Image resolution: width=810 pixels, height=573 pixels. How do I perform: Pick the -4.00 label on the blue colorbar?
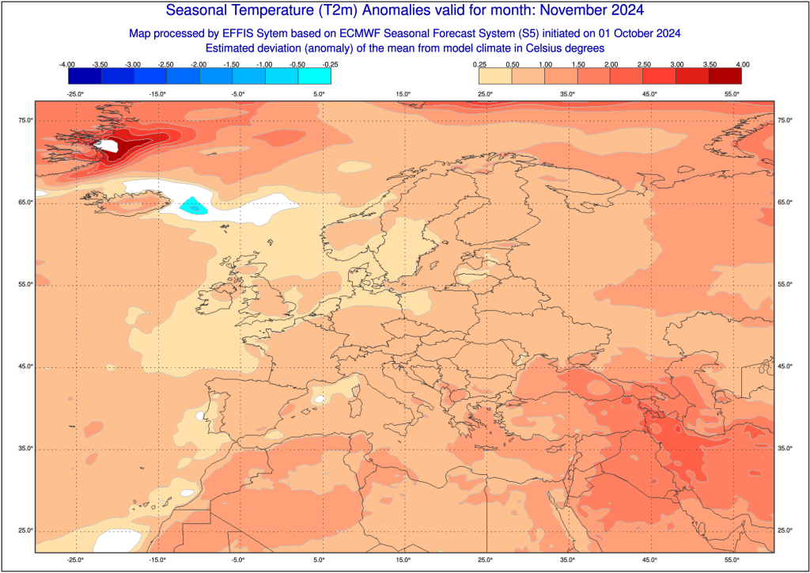pos(68,63)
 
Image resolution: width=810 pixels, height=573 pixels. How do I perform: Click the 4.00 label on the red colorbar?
pos(742,63)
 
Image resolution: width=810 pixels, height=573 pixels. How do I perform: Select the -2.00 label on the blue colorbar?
pos(199,63)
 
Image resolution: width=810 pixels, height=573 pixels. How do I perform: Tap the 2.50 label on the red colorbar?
pos(643,63)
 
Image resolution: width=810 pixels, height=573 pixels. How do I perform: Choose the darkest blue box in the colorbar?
pos(85,76)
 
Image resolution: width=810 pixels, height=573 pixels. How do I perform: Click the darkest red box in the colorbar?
pos(725,76)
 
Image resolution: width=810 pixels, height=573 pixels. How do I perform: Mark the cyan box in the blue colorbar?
pos(314,76)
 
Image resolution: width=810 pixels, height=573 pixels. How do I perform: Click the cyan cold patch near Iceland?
pos(193,207)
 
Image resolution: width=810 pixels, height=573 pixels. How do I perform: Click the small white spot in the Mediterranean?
pos(318,400)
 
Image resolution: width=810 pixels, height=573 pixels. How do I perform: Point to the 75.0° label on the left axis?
pos(26,120)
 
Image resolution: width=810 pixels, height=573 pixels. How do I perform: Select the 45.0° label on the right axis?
pos(785,366)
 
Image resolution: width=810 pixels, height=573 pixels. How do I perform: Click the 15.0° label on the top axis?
pos(403,94)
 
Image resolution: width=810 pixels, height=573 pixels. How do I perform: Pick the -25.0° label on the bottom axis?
pos(75,560)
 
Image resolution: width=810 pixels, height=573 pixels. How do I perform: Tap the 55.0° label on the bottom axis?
pos(732,560)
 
